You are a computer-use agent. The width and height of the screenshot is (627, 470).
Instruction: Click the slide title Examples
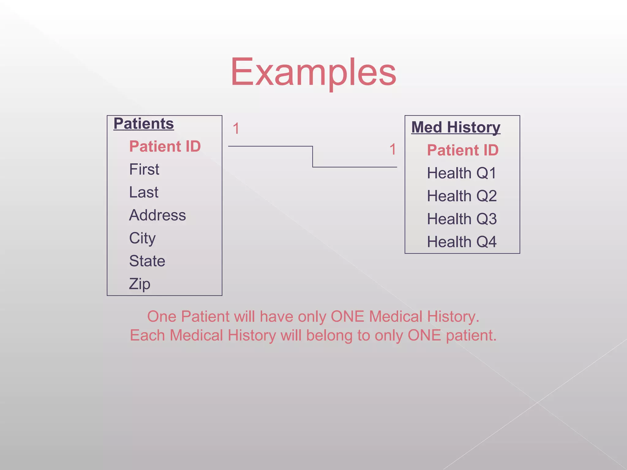point(313,73)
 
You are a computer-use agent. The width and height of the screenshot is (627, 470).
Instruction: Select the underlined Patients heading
point(144,124)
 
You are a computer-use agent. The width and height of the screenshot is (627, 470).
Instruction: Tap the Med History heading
point(456,127)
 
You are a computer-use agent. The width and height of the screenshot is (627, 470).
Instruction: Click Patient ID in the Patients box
point(165,146)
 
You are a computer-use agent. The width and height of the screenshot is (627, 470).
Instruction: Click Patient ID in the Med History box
point(463,150)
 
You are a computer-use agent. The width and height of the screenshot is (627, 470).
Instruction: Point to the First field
point(144,169)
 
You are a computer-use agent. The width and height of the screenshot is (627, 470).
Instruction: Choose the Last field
point(144,192)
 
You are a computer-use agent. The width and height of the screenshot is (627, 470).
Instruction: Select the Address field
point(157,215)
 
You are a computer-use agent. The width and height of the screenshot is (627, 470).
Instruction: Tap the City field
point(142,238)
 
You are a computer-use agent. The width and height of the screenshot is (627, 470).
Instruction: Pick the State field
point(147,261)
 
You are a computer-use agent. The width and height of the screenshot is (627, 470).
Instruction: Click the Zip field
point(140,284)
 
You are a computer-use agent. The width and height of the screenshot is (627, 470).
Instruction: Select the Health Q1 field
point(462,173)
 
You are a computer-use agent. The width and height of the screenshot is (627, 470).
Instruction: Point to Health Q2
point(462,196)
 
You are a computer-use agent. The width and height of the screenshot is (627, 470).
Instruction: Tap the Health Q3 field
point(462,219)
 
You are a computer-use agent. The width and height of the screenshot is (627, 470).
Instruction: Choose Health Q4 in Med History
point(462,242)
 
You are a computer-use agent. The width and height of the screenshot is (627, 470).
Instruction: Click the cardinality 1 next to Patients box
point(236,129)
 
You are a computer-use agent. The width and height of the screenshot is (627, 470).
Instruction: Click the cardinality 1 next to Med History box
point(393,149)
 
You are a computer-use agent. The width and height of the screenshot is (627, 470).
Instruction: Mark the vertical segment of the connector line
point(313,157)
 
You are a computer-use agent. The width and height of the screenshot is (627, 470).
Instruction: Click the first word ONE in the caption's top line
point(347,316)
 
